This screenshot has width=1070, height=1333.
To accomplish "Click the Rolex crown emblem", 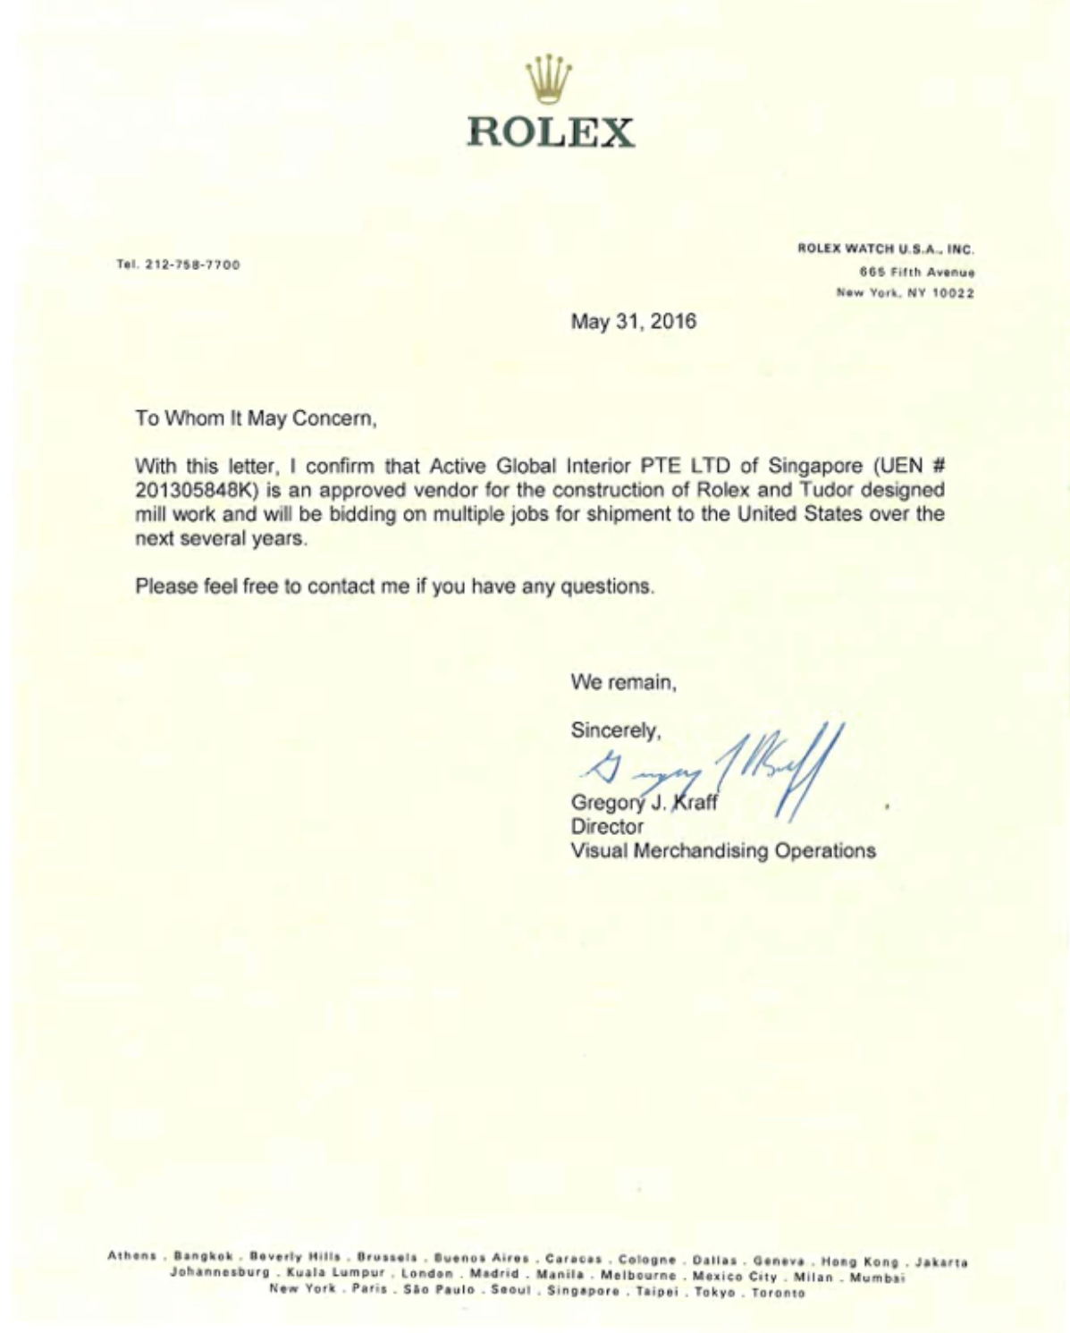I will coord(549,80).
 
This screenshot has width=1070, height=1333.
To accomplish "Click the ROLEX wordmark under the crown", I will coord(550,132).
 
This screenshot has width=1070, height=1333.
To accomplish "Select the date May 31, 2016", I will coord(633,322).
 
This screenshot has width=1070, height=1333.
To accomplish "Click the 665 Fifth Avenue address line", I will coord(916,272).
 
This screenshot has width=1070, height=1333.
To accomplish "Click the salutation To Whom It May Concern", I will coord(256,418).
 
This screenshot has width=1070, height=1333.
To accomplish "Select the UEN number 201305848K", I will coord(195,490).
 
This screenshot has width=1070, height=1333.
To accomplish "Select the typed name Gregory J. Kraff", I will coord(644,802).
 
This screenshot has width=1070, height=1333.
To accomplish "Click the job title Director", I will coord(606,827).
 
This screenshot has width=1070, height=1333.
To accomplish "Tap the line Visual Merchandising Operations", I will coord(722,851).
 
